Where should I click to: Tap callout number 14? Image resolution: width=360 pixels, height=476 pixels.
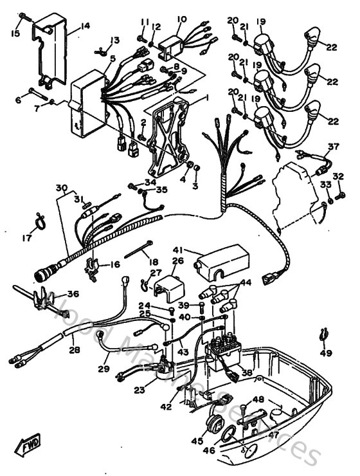click(x=85, y=27)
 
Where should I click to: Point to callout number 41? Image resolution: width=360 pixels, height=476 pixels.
click(x=178, y=249)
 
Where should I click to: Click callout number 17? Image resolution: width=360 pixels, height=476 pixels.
click(x=26, y=238)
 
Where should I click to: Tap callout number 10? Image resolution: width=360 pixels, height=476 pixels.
click(x=181, y=20)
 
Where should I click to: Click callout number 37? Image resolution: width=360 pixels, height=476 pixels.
click(x=332, y=147)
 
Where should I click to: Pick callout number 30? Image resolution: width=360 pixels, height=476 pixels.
click(x=61, y=188)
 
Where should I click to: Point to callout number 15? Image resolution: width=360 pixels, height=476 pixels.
click(x=15, y=32)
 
